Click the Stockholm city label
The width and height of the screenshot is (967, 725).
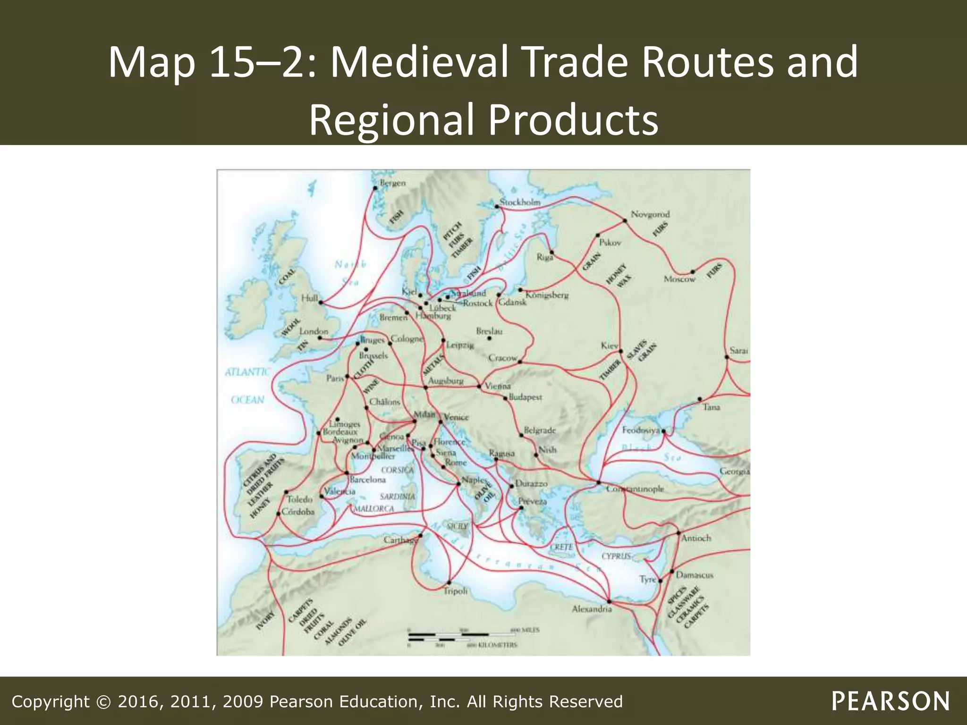(x=520, y=202)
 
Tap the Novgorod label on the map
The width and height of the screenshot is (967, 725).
(x=650, y=214)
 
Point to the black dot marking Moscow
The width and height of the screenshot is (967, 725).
(x=693, y=272)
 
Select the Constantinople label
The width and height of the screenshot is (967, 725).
(x=635, y=489)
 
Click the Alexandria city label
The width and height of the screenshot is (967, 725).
(x=592, y=609)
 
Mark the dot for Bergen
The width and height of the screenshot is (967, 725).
(x=375, y=188)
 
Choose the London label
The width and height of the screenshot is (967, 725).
(x=314, y=331)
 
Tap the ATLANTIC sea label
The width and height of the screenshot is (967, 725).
(x=247, y=372)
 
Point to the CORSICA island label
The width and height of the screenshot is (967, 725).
(x=397, y=470)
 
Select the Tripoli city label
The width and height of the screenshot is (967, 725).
(x=455, y=591)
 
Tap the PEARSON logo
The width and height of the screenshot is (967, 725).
(x=891, y=701)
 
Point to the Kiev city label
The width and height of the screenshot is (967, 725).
(x=609, y=346)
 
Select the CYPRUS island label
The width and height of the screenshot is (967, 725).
(x=616, y=556)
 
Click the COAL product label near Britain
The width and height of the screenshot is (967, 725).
(x=288, y=277)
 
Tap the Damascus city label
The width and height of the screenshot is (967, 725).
(x=695, y=575)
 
